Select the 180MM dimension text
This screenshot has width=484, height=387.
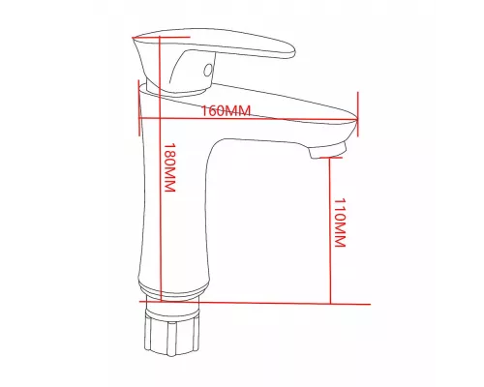pyautogui.click(x=169, y=169)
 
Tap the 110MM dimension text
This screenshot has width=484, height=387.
pyautogui.click(x=339, y=223)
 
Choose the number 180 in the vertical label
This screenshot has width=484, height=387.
pyautogui.click(x=169, y=158)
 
